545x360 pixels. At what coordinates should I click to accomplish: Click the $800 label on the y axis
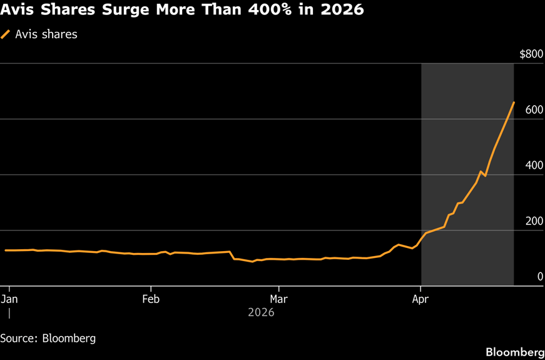(531, 54)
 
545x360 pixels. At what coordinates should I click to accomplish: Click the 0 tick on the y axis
(540, 277)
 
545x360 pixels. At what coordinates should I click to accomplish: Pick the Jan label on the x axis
(10, 299)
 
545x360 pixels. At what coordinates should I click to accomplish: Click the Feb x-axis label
(151, 299)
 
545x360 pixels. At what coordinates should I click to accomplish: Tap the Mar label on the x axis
(278, 299)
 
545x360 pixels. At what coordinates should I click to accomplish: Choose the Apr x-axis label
(420, 299)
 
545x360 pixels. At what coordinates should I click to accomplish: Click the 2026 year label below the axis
(261, 312)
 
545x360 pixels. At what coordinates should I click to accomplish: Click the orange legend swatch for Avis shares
(6, 34)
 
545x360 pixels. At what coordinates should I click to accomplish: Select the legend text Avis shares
(46, 34)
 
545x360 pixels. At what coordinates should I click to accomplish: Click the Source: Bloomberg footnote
(48, 338)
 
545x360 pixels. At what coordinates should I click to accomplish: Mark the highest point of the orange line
(514, 102)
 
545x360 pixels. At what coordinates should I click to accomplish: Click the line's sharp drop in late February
(232, 255)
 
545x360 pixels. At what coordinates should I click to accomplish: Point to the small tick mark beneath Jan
(9, 312)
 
